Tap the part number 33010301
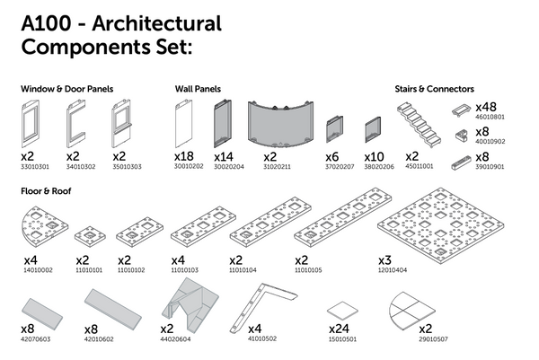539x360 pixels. click(36, 165)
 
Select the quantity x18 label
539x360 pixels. click(183, 156)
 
